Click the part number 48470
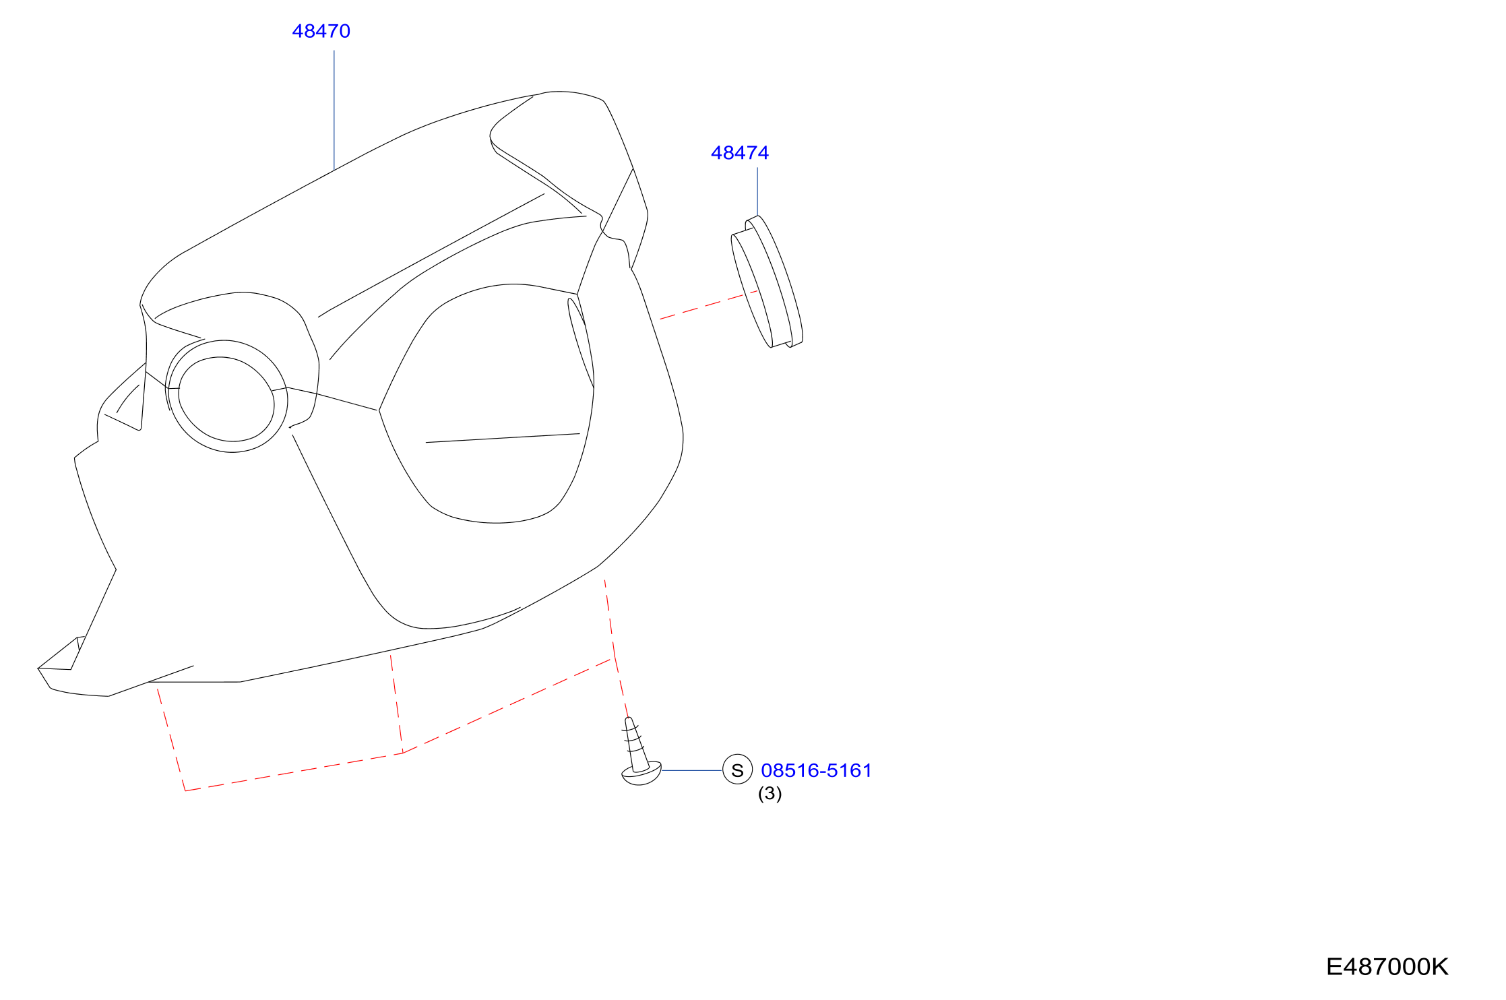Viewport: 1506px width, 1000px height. point(321,31)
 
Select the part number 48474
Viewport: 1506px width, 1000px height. point(739,153)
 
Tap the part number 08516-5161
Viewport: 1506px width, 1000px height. point(816,770)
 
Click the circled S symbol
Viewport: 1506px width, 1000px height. point(737,770)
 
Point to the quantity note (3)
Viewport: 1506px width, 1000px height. point(770,793)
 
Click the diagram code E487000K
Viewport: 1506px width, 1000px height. point(1387,967)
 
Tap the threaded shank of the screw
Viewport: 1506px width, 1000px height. point(635,743)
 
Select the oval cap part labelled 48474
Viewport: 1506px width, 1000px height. point(767,282)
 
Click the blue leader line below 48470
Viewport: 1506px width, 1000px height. point(334,111)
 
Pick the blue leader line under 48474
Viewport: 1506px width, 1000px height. point(757,191)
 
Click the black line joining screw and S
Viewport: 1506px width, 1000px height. point(692,770)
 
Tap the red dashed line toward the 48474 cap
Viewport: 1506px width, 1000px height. point(709,305)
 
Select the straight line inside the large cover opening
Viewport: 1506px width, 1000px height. point(503,438)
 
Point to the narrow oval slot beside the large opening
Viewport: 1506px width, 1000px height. point(580,342)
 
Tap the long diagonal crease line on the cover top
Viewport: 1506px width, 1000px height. point(431,255)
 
